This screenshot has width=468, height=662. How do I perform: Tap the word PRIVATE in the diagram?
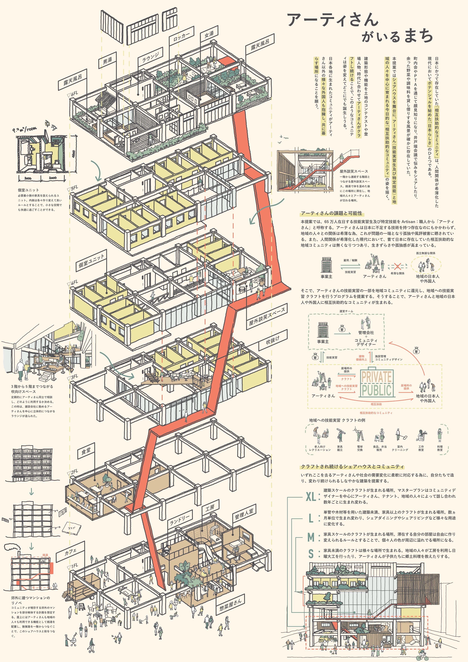[376, 377]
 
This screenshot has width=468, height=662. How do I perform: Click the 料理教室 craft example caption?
[440, 448]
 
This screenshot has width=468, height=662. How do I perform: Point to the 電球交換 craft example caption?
[360, 448]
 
